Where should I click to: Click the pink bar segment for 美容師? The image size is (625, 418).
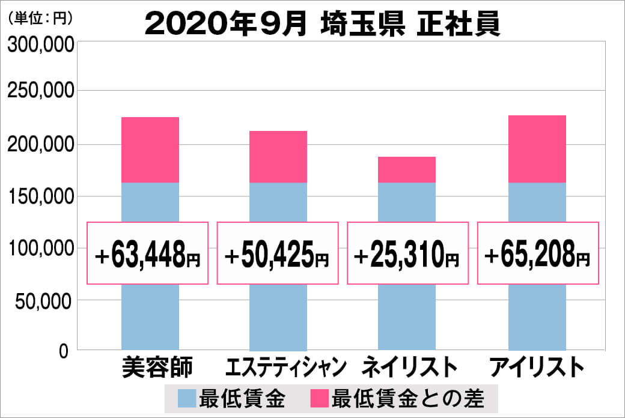pos(150,150)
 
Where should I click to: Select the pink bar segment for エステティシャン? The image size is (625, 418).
pos(278,156)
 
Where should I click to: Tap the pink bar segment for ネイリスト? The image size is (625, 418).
pos(407,169)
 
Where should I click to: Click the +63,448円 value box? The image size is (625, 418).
pos(148,253)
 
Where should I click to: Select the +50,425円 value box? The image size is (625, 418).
pos(278,253)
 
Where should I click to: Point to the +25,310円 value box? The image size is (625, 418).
pos(407,253)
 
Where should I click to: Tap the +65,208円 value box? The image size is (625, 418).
pos(538,253)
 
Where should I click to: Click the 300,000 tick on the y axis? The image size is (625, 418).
pos(41,46)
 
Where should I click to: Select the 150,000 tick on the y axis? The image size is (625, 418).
pos(41,196)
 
